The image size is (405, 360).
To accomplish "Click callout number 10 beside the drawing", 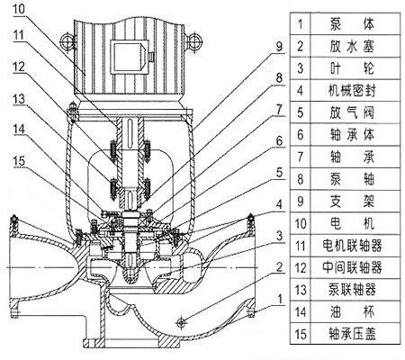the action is pyautogui.click(x=19, y=8).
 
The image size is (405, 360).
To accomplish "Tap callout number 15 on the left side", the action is pyautogui.click(x=19, y=161).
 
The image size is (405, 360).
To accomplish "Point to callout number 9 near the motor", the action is pyautogui.click(x=279, y=47).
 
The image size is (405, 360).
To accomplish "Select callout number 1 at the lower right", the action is pyautogui.click(x=280, y=299).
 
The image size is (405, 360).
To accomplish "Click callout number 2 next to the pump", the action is pyautogui.click(x=279, y=266).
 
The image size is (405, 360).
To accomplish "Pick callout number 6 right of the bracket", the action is pyautogui.click(x=279, y=140).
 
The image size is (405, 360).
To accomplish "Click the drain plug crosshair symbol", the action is pyautogui.click(x=181, y=322).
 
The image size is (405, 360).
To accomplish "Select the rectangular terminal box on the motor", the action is pyautogui.click(x=130, y=57).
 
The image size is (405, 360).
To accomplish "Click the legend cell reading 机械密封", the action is pyautogui.click(x=352, y=91).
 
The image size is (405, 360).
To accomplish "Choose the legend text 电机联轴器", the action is pyautogui.click(x=352, y=246).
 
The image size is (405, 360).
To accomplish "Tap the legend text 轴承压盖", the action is pyautogui.click(x=352, y=334).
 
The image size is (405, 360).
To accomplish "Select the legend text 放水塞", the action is pyautogui.click(x=352, y=47).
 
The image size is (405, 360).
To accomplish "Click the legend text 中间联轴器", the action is pyautogui.click(x=352, y=267).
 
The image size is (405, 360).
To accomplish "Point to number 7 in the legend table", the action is pyautogui.click(x=301, y=157).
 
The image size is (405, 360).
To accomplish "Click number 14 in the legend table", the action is pyautogui.click(x=301, y=312).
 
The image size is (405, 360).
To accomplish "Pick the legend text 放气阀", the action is pyautogui.click(x=352, y=112).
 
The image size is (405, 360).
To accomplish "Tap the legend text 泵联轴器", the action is pyautogui.click(x=352, y=290).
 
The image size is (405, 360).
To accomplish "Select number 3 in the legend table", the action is pyautogui.click(x=301, y=68).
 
